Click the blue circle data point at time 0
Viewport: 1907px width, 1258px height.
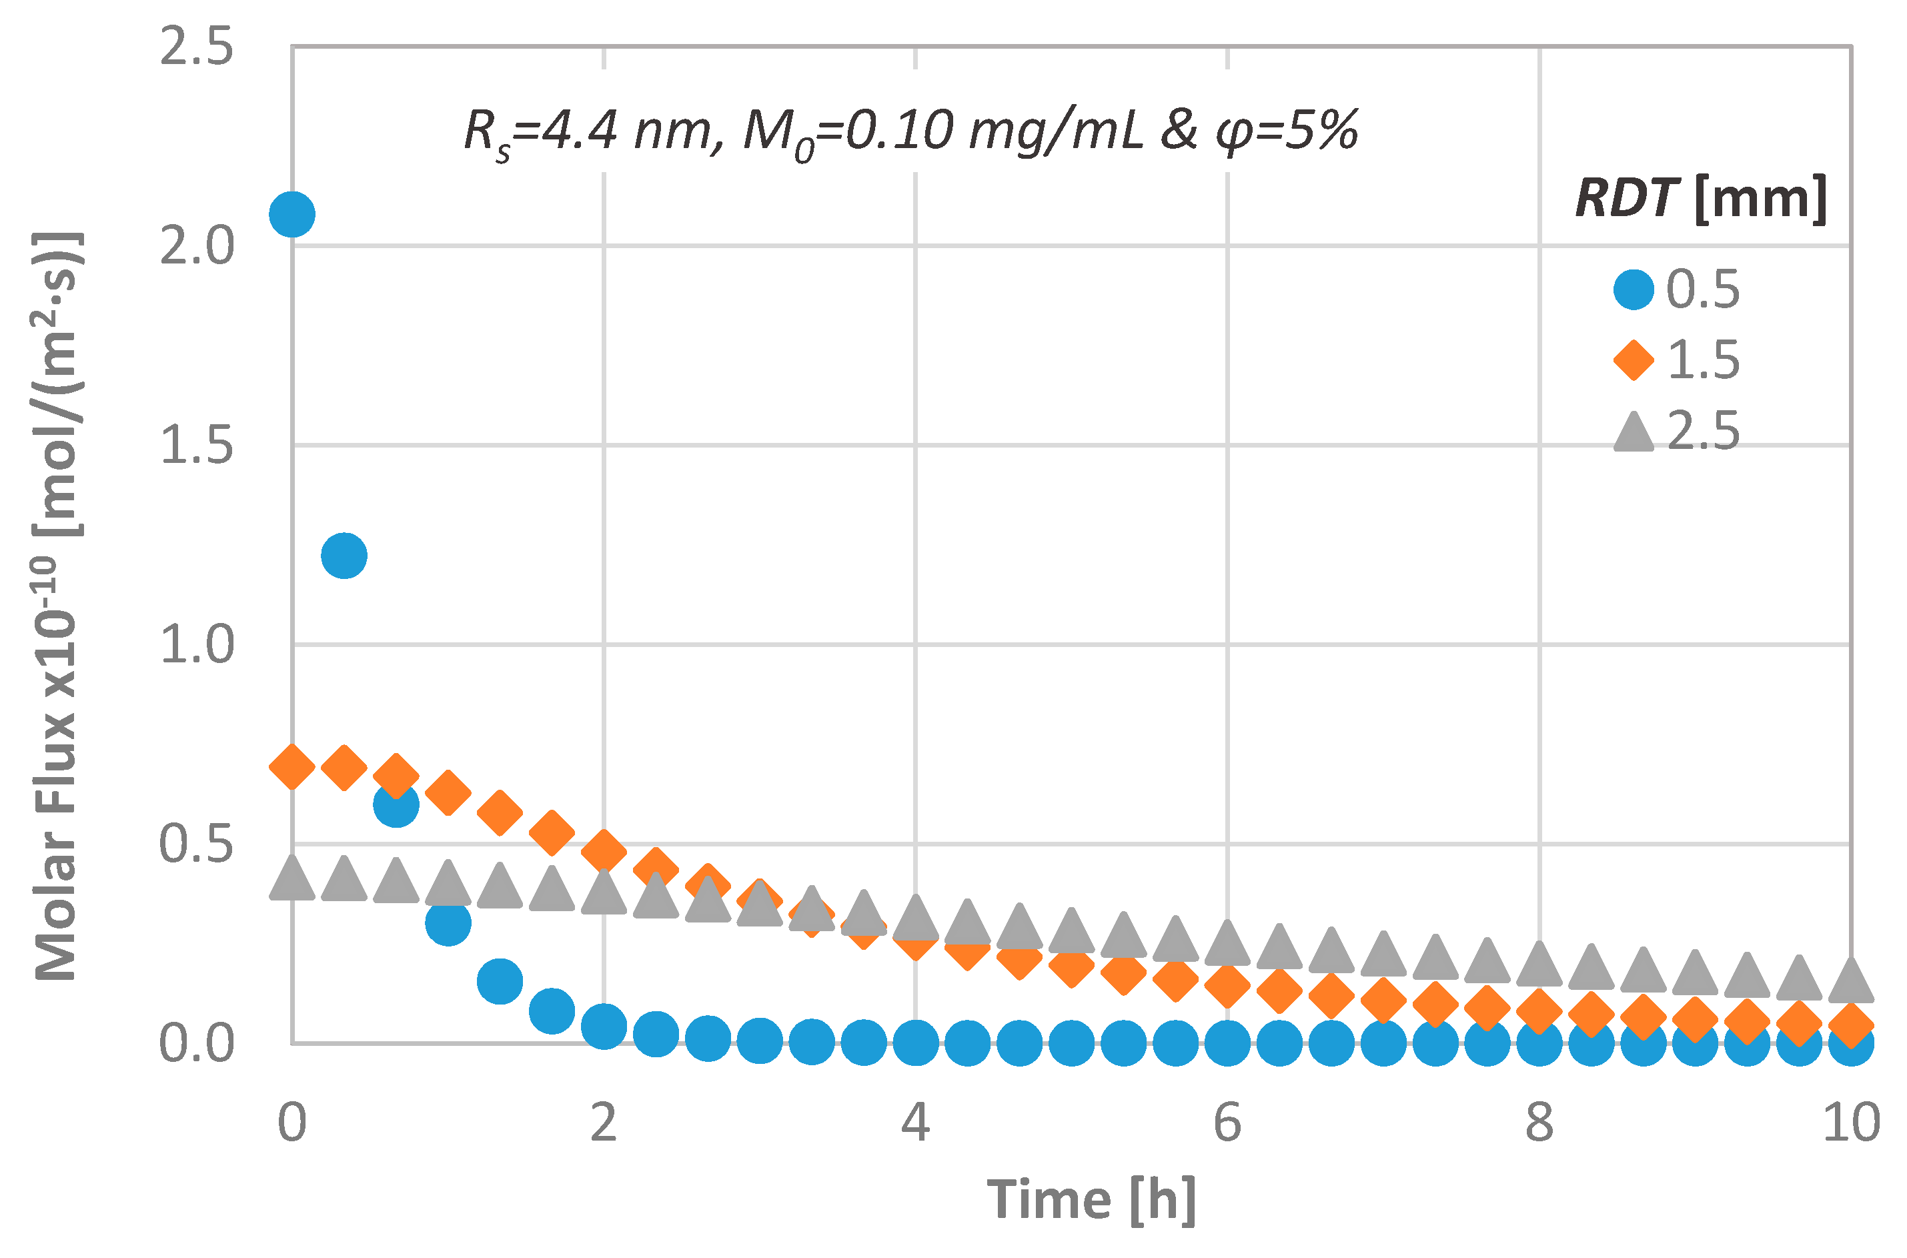(292, 214)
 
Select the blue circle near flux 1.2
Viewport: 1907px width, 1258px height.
(344, 555)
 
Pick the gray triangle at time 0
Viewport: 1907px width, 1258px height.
(292, 879)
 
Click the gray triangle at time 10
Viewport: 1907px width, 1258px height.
(1851, 981)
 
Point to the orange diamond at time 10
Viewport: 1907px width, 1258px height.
(1851, 1025)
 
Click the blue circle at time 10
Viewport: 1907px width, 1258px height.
(1851, 1044)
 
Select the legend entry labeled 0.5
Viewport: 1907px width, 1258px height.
(1677, 289)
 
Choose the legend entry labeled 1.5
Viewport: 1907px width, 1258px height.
(1677, 360)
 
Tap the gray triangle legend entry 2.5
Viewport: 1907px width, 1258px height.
(1677, 431)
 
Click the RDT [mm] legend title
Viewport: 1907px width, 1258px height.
(1700, 198)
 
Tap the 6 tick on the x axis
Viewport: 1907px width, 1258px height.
(1227, 1123)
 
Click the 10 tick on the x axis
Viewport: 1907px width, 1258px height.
(1851, 1123)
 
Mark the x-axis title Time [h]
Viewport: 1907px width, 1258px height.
(1091, 1201)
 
